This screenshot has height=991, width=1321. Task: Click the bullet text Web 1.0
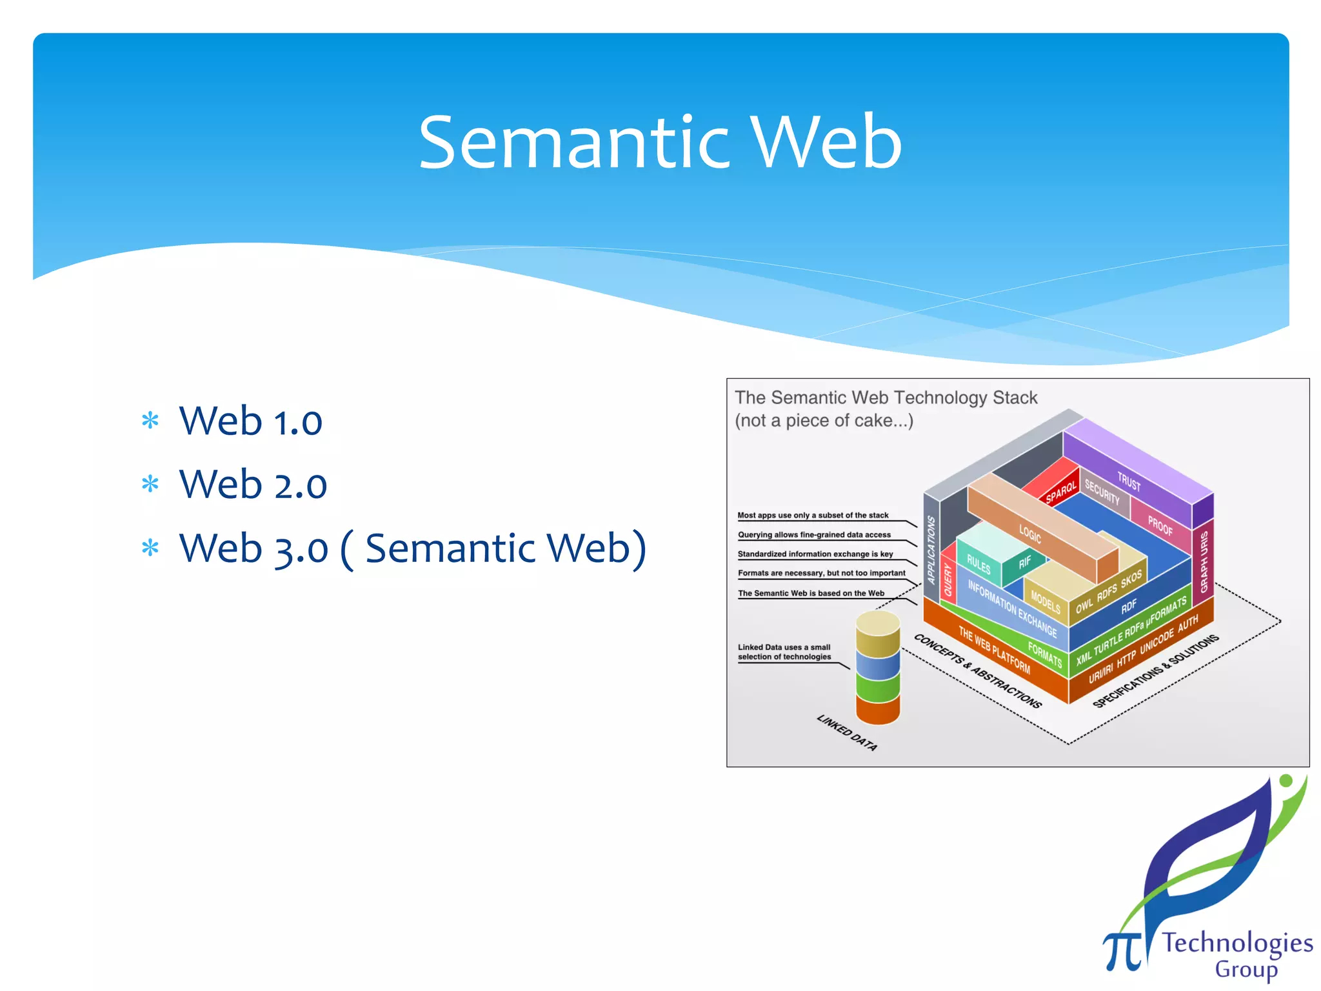250,421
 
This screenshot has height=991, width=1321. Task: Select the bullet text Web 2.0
253,485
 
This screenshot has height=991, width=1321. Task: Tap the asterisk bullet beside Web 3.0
150,548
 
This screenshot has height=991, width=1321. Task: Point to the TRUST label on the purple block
1129,481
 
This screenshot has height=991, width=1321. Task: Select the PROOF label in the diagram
1160,526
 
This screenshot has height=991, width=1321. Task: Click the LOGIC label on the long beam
1030,534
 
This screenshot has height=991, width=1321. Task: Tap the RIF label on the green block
1025,562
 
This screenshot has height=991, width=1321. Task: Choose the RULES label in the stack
978,565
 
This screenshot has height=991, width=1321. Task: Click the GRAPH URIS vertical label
1204,561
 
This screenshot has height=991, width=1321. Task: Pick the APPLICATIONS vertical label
931,550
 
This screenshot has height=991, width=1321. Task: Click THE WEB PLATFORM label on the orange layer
994,650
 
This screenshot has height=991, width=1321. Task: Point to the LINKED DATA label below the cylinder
847,732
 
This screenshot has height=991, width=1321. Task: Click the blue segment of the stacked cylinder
878,665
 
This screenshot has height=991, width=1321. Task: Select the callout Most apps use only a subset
813,516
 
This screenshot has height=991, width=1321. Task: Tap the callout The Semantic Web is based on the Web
811,593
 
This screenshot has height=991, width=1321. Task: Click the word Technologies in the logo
1237,943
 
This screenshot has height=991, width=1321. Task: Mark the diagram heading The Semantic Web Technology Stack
886,397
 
